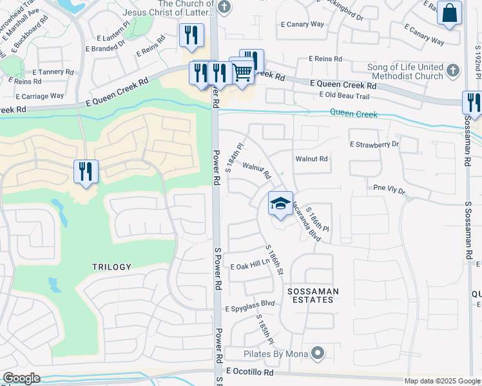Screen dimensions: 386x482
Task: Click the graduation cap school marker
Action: pos(280,204)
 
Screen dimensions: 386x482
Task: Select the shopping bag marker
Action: pos(449,13)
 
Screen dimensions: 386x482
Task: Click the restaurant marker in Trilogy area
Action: pos(86,172)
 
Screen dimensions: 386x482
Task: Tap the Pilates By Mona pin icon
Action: pos(317,353)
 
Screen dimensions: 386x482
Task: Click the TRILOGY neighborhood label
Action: pos(111,266)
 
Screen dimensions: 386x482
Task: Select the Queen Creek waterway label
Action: pos(353,113)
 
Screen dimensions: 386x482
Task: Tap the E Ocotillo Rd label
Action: pos(249,372)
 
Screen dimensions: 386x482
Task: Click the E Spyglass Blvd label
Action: pos(250,309)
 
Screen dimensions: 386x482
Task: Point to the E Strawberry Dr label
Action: pos(374,145)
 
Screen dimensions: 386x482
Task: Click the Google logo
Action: pos(21,378)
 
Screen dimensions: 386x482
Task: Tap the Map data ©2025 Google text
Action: pos(441,381)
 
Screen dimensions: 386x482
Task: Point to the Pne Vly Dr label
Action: pos(389,189)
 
